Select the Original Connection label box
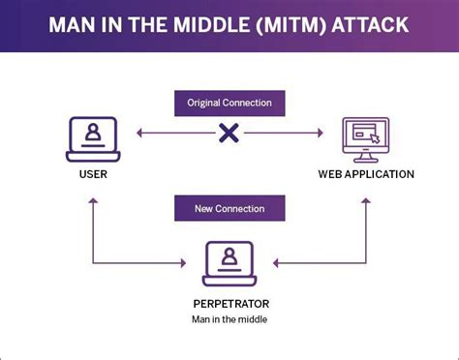(229, 102)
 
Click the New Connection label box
(229, 207)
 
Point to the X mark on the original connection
(229, 133)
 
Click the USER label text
(93, 175)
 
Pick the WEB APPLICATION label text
(366, 175)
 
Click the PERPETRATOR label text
(229, 302)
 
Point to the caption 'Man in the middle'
(229, 318)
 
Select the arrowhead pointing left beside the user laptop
(139, 133)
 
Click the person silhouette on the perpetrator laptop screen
(229, 256)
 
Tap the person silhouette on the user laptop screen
(93, 134)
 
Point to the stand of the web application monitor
(366, 157)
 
